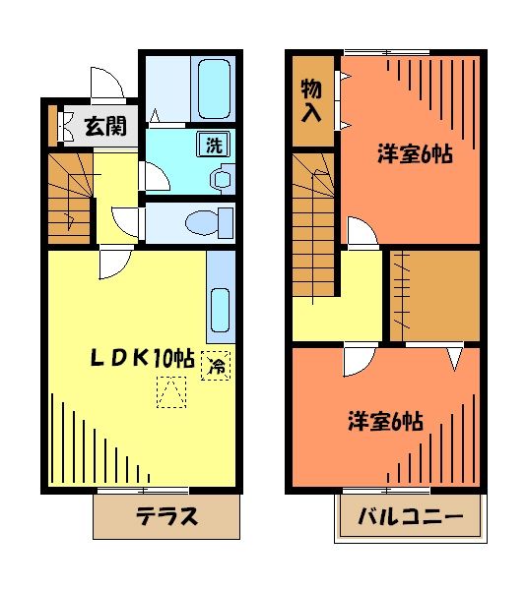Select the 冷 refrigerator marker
pyautogui.click(x=216, y=366)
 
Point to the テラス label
pyautogui.click(x=166, y=516)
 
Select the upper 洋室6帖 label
pyautogui.click(x=415, y=154)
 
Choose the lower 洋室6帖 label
pyautogui.click(x=385, y=422)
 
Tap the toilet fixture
pyautogui.click(x=208, y=221)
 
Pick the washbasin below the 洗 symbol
pyautogui.click(x=221, y=179)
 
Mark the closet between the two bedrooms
pyautogui.click(x=432, y=294)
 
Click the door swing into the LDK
pyautogui.click(x=112, y=261)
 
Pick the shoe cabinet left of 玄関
pyautogui.click(x=55, y=124)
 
